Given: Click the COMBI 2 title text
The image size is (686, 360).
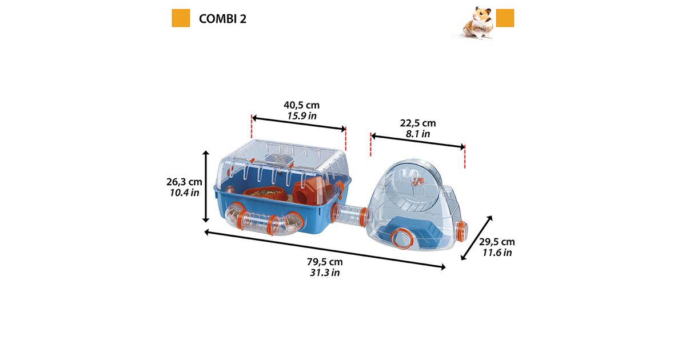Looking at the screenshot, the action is point(222,19).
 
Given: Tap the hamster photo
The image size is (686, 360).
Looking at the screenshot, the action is point(478,23).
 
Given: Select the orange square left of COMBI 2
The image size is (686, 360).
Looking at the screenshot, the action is point(181,18).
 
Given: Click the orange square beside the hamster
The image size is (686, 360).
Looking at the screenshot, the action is point(505,18).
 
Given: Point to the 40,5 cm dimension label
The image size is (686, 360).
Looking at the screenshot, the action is point(302,105).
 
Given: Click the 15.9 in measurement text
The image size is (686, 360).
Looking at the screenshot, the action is point(302,116).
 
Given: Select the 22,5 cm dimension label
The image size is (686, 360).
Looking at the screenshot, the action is point(418,123).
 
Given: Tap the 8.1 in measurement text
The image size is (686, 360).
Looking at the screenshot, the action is point(418,134).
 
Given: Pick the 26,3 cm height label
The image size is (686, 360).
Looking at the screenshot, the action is point(184,182).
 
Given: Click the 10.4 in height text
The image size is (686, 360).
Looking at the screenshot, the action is point(184,193).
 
